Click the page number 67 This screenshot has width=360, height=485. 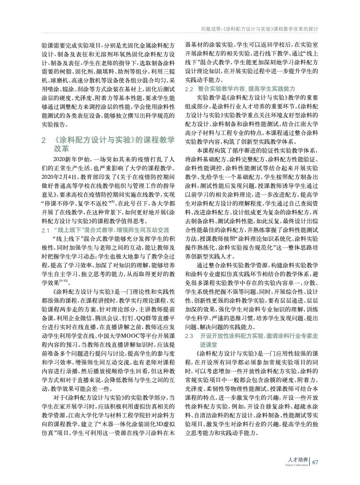(315, 462)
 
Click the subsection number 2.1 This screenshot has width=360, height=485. (46, 230)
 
